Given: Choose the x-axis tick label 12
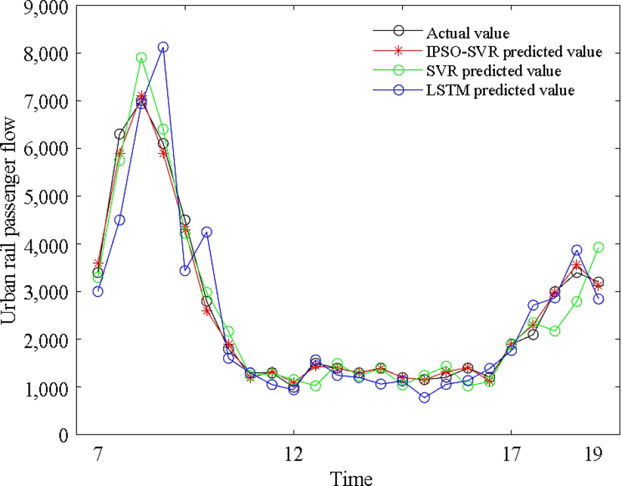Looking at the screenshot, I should pyautogui.click(x=294, y=454).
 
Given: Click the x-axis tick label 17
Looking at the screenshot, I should pyautogui.click(x=511, y=454).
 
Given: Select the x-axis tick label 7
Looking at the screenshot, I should pyautogui.click(x=98, y=454).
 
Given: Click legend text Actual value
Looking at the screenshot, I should pyautogui.click(x=468, y=33).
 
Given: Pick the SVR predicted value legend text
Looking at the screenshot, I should pyautogui.click(x=494, y=71).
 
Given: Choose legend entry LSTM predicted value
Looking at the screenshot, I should pyautogui.click(x=500, y=90).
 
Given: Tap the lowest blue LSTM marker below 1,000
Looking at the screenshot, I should pyautogui.click(x=425, y=398).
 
